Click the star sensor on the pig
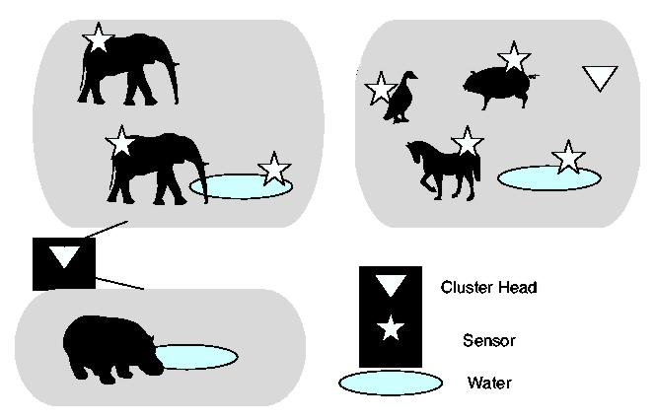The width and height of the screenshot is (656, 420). click(x=513, y=58)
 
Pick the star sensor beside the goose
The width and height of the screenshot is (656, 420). click(x=380, y=88)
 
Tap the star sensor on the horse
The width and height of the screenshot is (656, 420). click(x=467, y=143)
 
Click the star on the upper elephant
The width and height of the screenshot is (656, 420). click(x=99, y=38)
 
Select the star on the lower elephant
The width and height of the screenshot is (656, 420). click(x=119, y=142)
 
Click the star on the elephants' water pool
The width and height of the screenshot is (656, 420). click(x=274, y=169)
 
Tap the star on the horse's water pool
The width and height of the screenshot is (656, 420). click(x=567, y=156)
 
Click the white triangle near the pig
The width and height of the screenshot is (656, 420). click(x=599, y=78)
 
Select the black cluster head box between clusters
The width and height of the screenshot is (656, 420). click(x=64, y=263)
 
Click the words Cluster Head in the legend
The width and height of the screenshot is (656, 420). click(x=488, y=288)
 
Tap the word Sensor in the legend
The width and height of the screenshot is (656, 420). click(x=488, y=340)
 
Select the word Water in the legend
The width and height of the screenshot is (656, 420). click(x=488, y=383)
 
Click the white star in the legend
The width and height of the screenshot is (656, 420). click(x=392, y=328)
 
